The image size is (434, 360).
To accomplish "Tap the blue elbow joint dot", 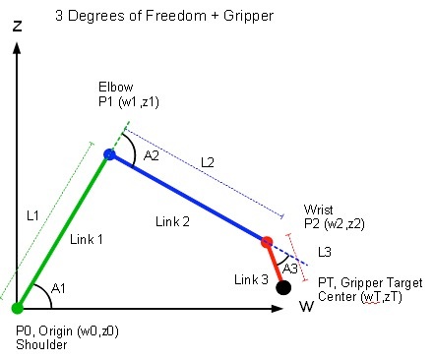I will (x=110, y=153).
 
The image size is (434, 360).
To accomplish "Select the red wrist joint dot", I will (x=266, y=241).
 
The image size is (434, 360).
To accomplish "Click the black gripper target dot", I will (x=283, y=287).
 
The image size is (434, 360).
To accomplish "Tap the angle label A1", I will (x=58, y=288).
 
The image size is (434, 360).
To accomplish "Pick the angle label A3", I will (x=290, y=267).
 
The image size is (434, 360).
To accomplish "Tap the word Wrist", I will (x=320, y=209).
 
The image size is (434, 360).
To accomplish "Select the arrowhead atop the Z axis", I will (x=18, y=49).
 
